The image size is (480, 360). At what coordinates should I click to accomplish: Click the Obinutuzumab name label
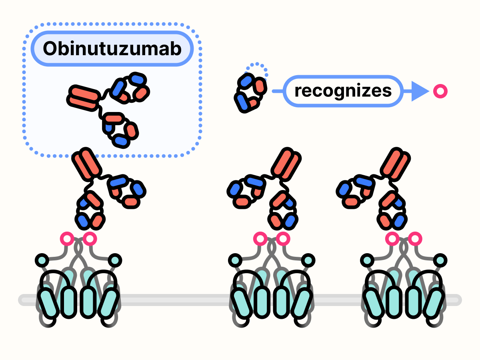point(112,49)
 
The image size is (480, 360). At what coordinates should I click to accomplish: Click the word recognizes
point(343,91)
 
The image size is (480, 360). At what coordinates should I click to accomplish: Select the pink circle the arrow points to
point(440,92)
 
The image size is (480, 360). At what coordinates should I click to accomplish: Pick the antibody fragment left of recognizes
point(250,93)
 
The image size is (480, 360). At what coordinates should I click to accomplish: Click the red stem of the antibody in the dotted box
point(84,97)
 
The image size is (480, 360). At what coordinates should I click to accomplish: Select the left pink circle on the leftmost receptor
point(67,239)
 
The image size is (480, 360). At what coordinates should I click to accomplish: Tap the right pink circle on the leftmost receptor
point(90,239)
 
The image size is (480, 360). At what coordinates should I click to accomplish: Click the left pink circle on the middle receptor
point(261,239)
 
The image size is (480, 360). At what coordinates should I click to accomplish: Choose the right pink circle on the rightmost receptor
point(415,239)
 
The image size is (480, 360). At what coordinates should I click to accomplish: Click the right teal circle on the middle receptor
point(308,260)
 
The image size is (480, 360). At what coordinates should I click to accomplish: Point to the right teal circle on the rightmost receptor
point(440,260)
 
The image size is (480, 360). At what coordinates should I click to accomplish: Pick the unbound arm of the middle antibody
point(244,191)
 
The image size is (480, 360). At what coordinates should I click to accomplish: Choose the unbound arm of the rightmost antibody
point(355,191)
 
